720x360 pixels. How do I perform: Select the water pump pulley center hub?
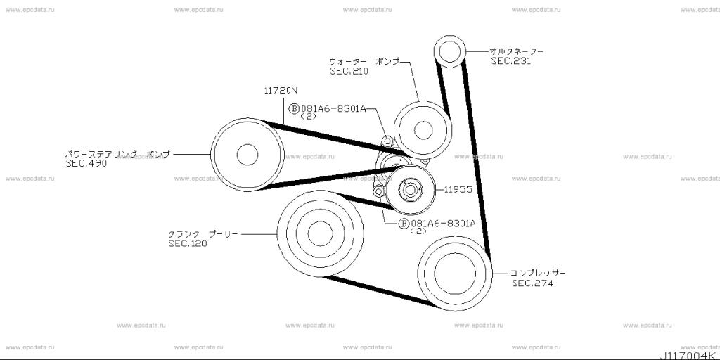click(423, 130)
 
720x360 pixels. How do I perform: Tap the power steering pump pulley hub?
click(247, 155)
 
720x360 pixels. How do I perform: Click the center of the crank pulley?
click(320, 233)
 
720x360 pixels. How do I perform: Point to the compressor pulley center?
click(455, 274)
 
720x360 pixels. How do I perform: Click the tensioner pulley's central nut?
click(410, 188)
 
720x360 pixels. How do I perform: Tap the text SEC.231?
click(510, 61)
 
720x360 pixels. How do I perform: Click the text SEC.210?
click(349, 71)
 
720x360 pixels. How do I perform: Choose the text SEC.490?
click(86, 163)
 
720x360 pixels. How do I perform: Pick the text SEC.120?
click(188, 243)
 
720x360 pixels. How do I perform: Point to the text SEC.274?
click(533, 283)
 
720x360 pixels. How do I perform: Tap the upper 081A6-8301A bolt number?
click(333, 108)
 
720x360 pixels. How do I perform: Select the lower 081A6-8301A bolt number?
click(443, 224)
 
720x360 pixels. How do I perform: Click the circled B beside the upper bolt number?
click(294, 108)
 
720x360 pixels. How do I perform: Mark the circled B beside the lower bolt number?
click(403, 224)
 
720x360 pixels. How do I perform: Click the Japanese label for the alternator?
click(516, 51)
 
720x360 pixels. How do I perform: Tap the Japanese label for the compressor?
click(538, 274)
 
